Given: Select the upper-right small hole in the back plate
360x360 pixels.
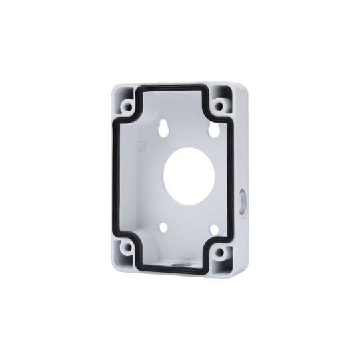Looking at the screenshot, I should pyautogui.click(x=215, y=131).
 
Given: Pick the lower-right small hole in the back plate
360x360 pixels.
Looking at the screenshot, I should pyautogui.click(x=215, y=230).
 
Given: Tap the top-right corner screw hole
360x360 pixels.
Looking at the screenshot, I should pyautogui.click(x=219, y=106).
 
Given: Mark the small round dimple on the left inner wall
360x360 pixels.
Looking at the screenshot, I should pyautogui.click(x=141, y=143).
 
